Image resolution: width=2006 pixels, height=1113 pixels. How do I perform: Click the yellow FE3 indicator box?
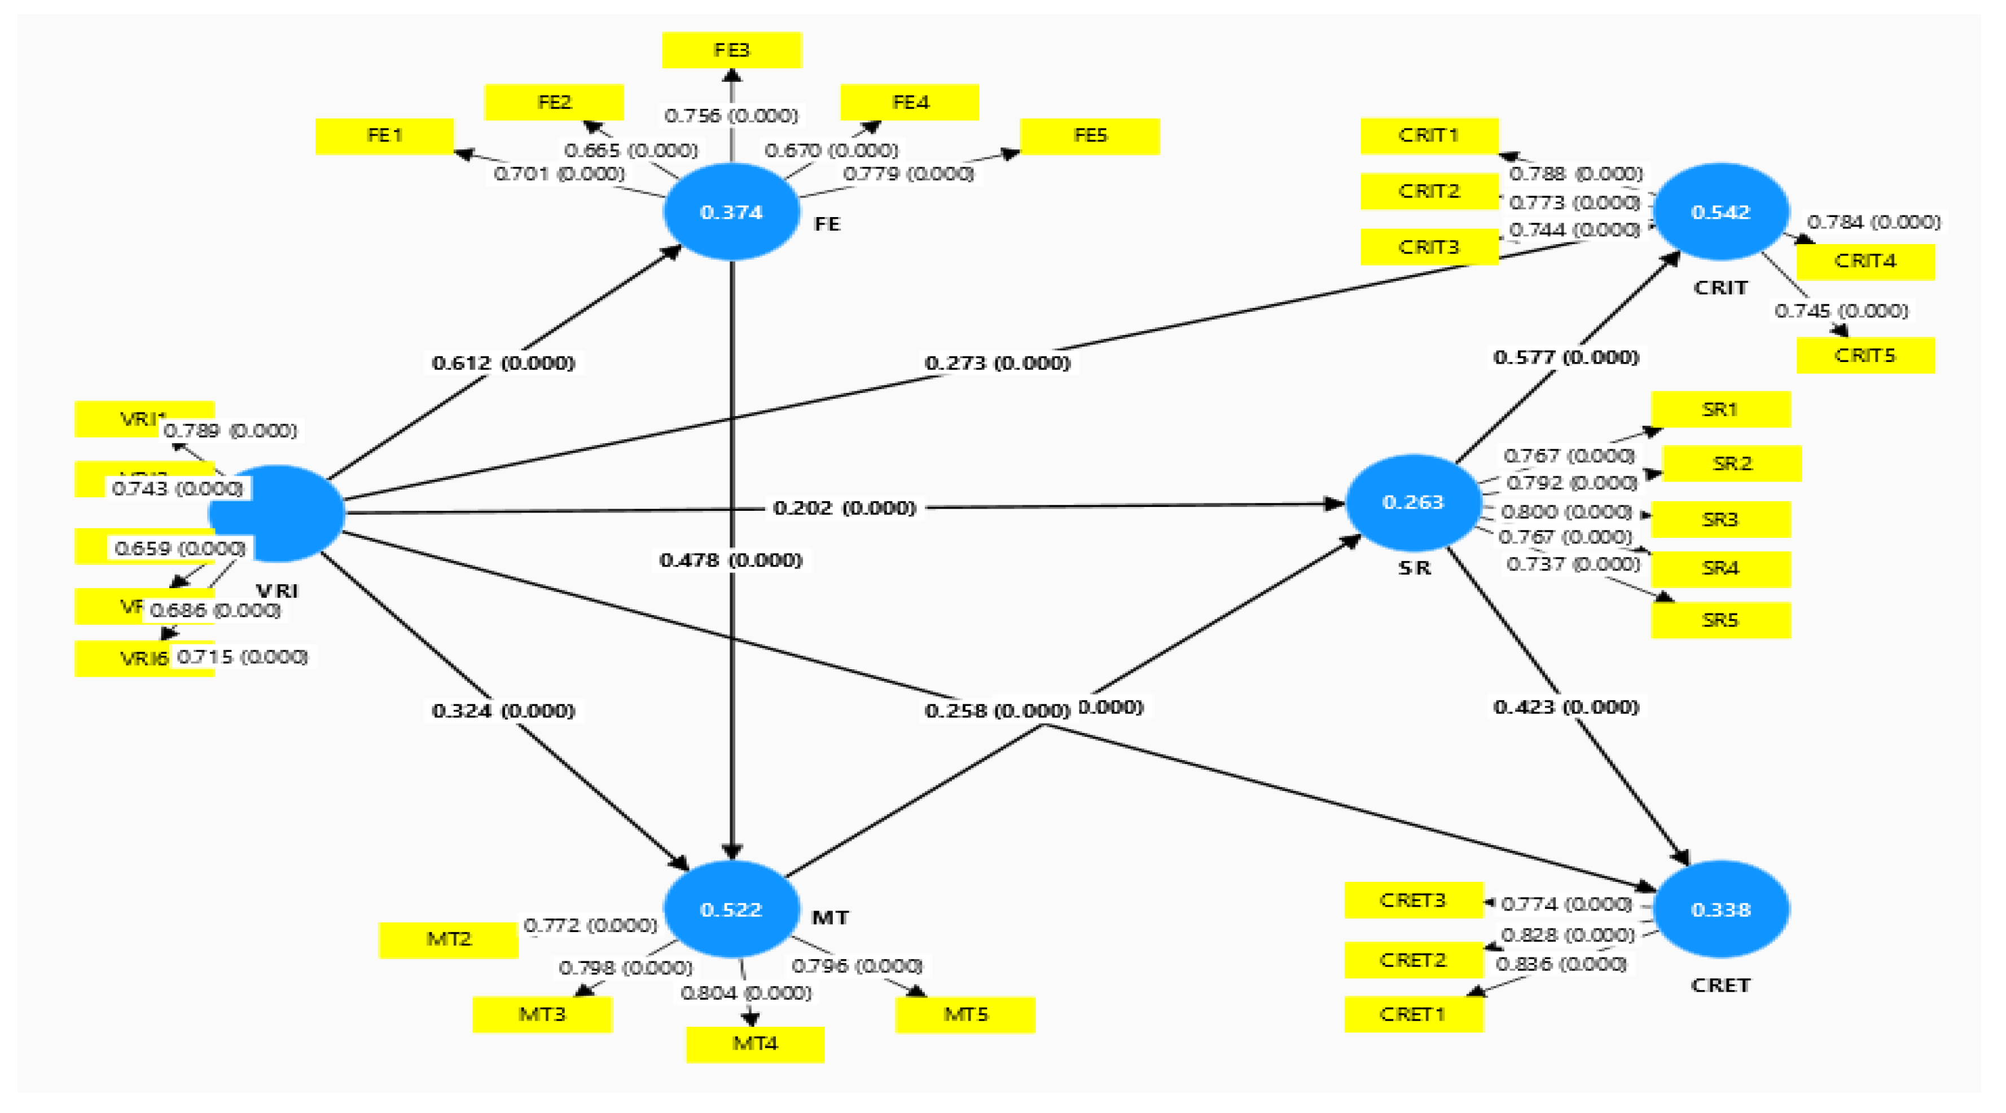click(731, 50)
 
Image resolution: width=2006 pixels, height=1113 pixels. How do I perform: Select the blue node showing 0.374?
click(731, 211)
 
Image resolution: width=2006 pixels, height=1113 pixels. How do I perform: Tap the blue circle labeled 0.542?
click(1720, 211)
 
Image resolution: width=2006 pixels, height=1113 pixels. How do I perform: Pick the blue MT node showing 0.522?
click(731, 909)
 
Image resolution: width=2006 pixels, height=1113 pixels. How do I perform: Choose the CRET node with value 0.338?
click(1720, 909)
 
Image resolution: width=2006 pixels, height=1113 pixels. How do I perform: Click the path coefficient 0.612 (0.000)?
click(503, 363)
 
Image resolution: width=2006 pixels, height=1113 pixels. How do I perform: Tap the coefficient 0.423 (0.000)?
click(1565, 706)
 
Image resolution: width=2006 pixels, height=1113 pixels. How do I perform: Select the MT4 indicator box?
click(754, 1043)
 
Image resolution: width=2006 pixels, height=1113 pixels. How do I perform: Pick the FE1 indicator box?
click(385, 135)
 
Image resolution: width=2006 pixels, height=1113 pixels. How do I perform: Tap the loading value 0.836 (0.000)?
click(1561, 964)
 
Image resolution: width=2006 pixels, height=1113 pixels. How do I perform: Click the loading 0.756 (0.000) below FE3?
click(731, 115)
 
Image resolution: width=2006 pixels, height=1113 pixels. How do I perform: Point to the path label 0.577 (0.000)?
click(1565, 357)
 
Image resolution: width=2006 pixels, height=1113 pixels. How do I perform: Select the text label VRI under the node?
click(277, 591)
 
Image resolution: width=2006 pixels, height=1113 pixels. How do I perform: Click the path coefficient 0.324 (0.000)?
click(503, 710)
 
